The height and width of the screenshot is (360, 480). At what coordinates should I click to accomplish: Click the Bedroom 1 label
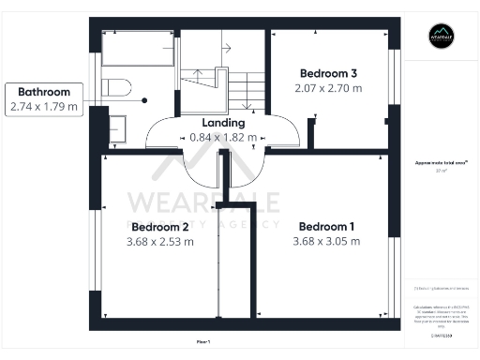coord(326,226)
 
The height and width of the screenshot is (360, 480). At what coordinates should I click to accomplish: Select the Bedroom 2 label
coord(160,227)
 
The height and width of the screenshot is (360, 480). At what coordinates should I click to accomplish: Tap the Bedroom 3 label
coord(328,73)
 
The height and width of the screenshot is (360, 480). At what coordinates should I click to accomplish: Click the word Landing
coord(223,123)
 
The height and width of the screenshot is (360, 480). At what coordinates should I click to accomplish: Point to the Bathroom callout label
coord(43,92)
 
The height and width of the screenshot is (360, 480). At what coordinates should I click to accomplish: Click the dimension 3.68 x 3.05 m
coord(326,241)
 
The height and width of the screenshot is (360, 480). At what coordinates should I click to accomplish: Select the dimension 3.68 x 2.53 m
coord(160,242)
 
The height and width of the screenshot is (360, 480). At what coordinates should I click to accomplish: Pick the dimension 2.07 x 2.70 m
coord(328,88)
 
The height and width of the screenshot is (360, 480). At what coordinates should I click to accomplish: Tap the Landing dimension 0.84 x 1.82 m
coord(223,137)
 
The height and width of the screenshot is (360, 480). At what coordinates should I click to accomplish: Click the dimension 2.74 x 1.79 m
coord(43,107)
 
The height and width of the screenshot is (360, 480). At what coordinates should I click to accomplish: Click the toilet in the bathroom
coord(113,88)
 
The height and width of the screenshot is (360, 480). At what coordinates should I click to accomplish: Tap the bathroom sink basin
coord(118,128)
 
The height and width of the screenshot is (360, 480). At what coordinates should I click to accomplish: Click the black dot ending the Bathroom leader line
coord(145,98)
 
